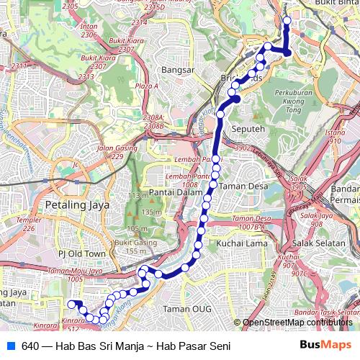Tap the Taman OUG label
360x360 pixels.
[183, 309]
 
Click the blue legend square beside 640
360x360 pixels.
[11, 346]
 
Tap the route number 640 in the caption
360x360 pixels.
[30, 346]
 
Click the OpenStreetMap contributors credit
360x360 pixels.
[297, 323]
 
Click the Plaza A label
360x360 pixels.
[146, 86]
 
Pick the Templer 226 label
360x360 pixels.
[28, 225]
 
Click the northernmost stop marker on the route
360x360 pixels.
[287, 21]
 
